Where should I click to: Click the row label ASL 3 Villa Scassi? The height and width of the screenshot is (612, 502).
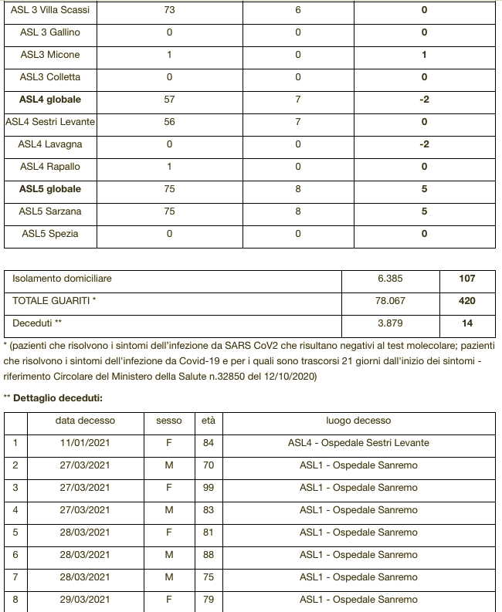pos(50,11)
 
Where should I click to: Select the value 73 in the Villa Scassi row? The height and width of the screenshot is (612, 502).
pos(170,11)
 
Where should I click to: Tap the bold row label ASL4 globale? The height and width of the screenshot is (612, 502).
pos(50,100)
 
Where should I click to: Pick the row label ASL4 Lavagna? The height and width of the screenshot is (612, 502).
pos(50,144)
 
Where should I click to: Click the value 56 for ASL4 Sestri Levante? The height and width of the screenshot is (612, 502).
pos(170,122)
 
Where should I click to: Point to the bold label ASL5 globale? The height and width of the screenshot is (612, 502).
pos(50,189)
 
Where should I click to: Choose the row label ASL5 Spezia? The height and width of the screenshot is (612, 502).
pos(50,234)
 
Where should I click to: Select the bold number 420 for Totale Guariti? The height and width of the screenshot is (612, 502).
pos(466,301)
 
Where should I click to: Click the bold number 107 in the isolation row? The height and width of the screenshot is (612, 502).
pos(466,279)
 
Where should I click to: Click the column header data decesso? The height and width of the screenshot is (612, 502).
pos(85,421)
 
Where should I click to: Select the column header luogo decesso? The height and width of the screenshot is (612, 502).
pos(358,421)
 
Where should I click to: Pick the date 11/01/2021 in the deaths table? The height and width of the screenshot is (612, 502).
pos(85,443)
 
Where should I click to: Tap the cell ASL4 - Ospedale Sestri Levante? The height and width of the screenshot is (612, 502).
pos(358,443)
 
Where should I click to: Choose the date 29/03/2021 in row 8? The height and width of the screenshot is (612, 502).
pos(85,600)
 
